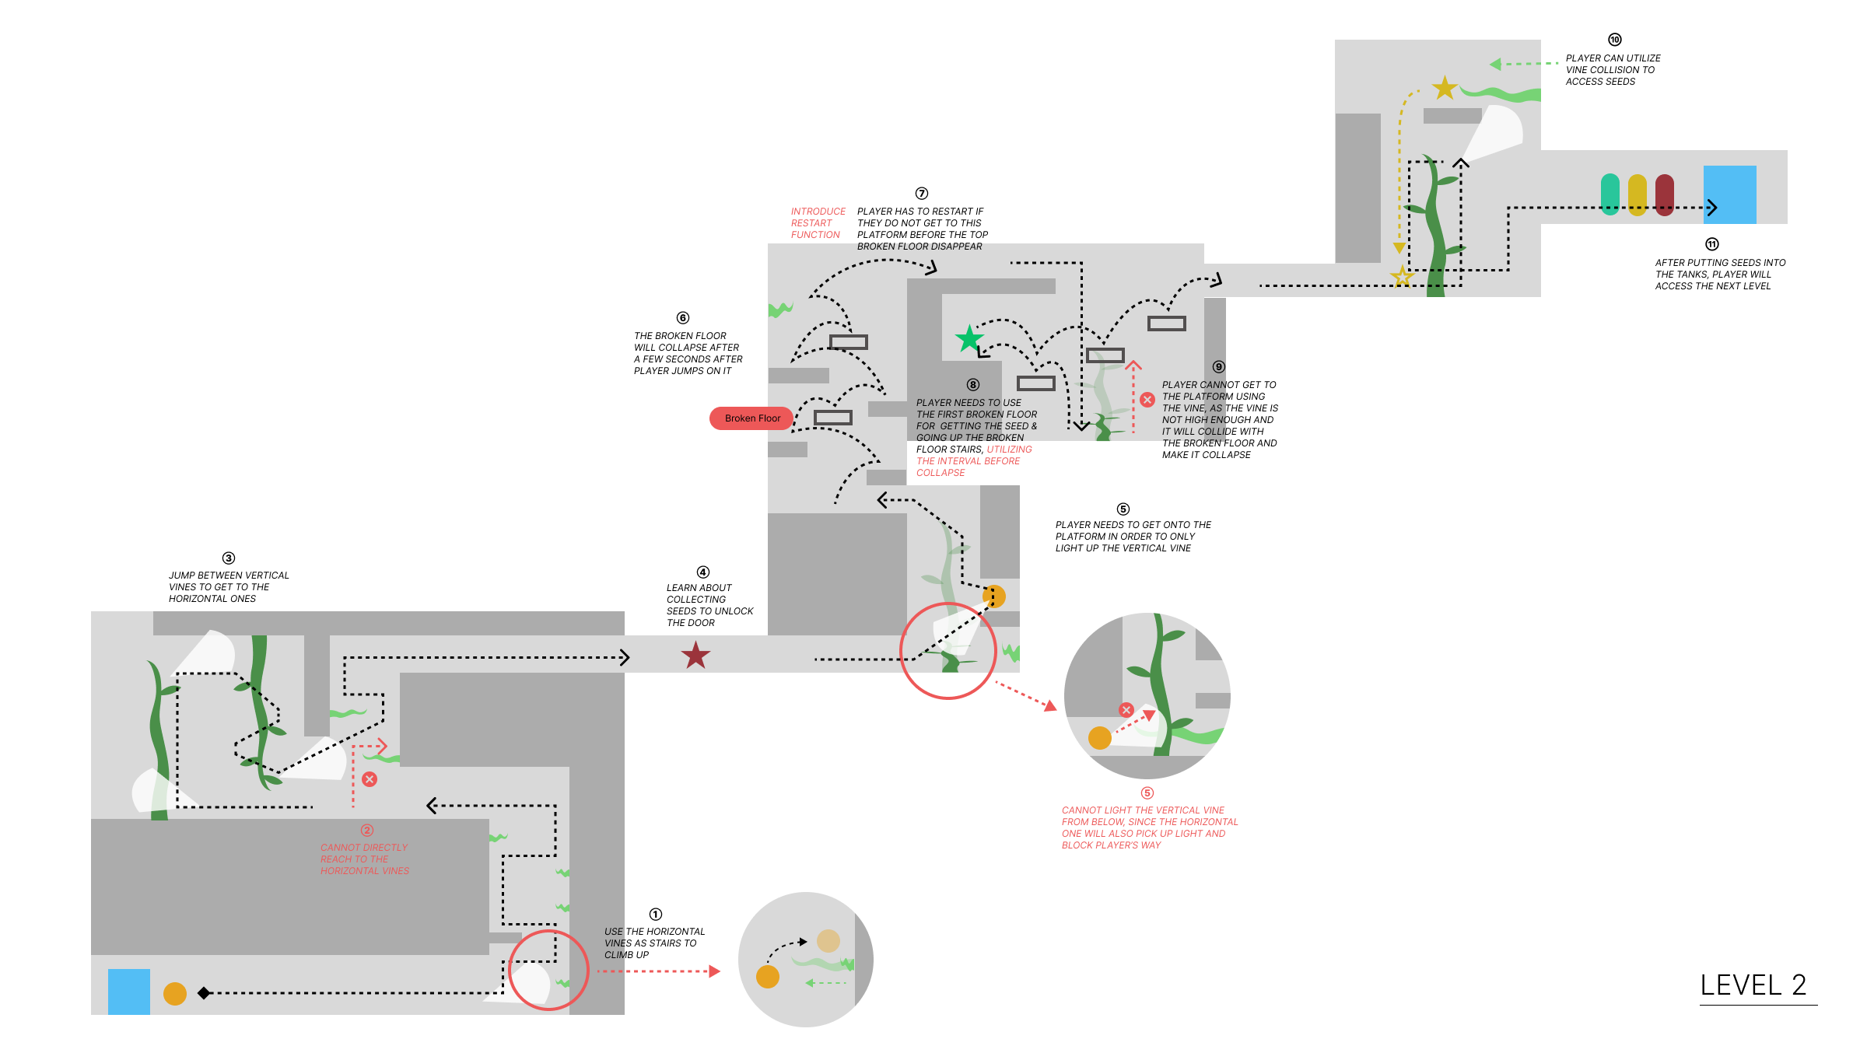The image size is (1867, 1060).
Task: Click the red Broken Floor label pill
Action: (751, 418)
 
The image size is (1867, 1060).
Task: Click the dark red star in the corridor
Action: (695, 656)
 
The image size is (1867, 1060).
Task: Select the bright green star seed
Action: (969, 338)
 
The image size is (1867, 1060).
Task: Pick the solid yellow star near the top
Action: (1445, 88)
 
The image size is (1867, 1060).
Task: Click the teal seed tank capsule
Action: (1610, 194)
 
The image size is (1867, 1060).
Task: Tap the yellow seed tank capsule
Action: (1637, 194)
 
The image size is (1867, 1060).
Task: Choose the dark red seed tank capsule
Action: (1664, 194)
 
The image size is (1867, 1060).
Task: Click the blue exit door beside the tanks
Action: (1729, 194)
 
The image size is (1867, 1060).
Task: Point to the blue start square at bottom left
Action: (128, 992)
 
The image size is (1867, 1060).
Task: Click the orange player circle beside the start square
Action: (175, 993)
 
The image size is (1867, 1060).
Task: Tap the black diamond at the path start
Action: (204, 993)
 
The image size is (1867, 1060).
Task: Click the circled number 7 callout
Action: (922, 194)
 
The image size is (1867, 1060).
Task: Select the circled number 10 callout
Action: (1615, 40)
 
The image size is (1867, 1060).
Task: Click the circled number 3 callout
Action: (229, 558)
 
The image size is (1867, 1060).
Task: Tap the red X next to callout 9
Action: (1147, 400)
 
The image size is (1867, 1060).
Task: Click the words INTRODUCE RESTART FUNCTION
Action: (818, 223)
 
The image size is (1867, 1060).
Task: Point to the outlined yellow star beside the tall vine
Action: (1402, 275)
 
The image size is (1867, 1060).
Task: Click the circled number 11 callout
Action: (1712, 244)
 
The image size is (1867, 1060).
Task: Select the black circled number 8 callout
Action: (973, 385)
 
